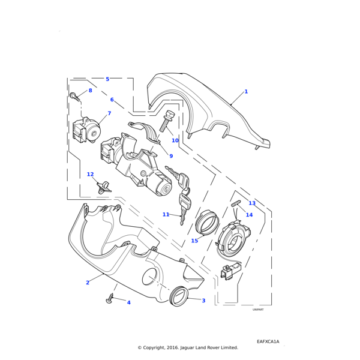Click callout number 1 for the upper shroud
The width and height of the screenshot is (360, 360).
[246, 92]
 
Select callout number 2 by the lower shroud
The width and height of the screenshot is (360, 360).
[88, 283]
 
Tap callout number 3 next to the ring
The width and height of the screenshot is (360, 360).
[203, 301]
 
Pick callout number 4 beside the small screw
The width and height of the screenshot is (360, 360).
[128, 302]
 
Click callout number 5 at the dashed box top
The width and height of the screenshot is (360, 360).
[107, 79]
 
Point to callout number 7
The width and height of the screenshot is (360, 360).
[109, 113]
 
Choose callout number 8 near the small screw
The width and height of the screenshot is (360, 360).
[91, 91]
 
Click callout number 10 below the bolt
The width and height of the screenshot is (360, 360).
[175, 141]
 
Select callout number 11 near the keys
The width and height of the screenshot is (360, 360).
[166, 214]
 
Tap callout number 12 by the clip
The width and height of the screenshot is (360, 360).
[90, 175]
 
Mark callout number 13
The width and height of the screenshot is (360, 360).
[252, 203]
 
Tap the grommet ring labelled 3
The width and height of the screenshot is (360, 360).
[179, 296]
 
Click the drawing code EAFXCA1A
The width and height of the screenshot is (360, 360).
[268, 341]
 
